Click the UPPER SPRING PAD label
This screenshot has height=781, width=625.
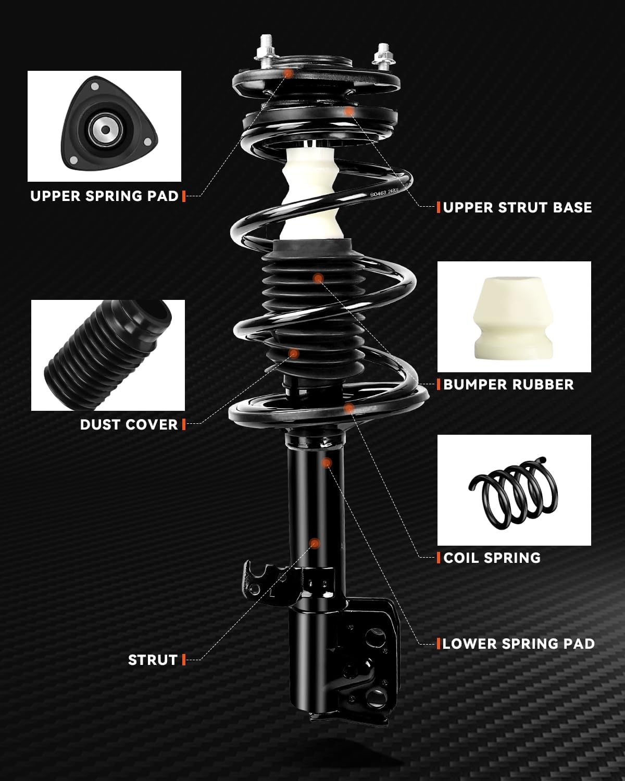105,196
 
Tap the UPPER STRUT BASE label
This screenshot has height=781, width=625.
518,208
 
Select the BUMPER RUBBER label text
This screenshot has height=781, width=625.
508,385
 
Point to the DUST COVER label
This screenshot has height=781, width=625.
129,425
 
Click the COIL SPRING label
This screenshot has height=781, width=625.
492,558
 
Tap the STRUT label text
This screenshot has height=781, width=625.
153,660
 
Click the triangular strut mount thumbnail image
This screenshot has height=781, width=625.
104,127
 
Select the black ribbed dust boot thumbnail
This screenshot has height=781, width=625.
108,355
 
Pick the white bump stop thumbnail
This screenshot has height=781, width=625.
514,317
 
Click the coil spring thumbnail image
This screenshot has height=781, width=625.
514,490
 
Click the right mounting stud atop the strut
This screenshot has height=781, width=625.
383,57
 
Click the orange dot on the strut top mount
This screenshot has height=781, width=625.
288,73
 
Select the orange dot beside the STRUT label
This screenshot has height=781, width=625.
315,543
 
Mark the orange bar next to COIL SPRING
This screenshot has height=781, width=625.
439,558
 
